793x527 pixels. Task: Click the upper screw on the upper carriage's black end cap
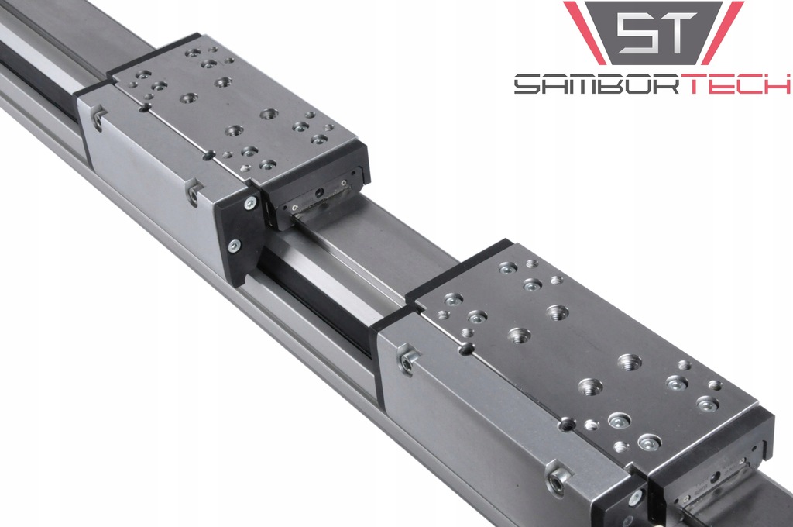(250, 203)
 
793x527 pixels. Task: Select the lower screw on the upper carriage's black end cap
(234, 246)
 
